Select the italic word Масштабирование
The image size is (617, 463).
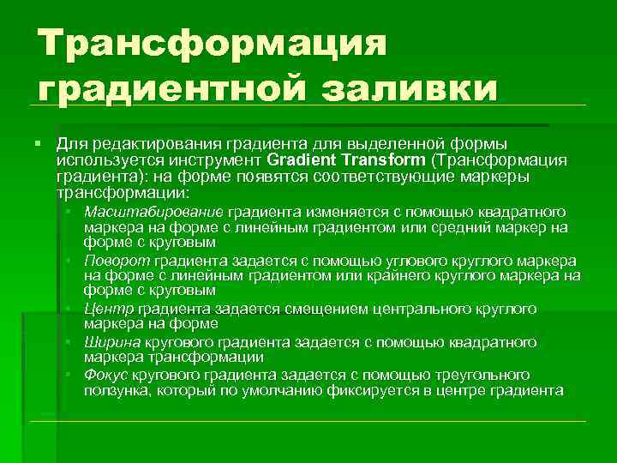pos(154,211)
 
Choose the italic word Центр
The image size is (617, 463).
pos(105,309)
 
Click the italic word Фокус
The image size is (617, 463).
pos(107,375)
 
